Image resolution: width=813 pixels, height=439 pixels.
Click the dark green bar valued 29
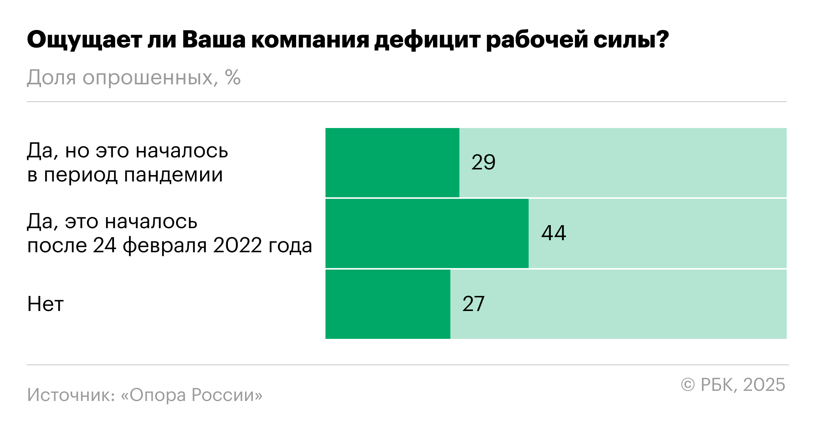pos(392,162)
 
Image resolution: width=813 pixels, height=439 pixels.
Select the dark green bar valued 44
pos(427,233)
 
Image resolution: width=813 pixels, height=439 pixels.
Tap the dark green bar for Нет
pos(388,304)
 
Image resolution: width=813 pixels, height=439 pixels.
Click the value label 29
pos(483,162)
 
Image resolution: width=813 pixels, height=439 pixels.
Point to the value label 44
pos(553,233)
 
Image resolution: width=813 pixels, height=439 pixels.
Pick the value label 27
pos(473,304)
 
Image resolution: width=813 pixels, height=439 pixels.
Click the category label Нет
pos(46,304)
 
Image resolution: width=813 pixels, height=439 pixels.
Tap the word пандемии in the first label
pos(173,175)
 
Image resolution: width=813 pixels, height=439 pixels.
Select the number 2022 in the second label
pos(237,245)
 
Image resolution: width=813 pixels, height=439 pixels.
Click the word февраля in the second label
pos(165,245)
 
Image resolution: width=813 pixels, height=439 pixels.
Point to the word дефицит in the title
pos(427,40)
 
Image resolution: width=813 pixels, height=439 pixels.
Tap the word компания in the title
pos(310,40)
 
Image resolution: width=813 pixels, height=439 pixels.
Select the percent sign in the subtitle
pos(233,78)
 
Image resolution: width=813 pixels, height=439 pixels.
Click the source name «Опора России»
pos(191,395)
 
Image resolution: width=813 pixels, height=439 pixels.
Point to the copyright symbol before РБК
pos(688,385)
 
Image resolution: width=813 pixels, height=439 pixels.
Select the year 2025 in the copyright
pos(764,385)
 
